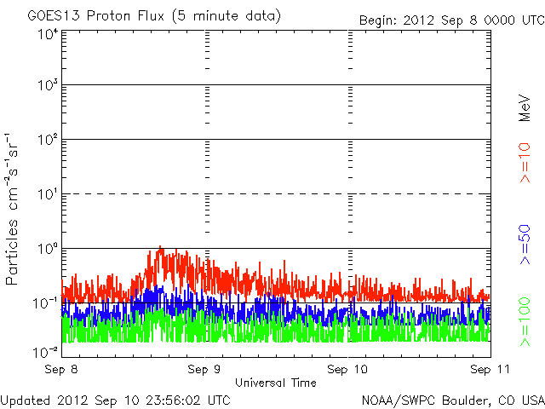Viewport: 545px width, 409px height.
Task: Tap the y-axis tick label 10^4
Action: click(48, 33)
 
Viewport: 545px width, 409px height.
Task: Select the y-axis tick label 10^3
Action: click(48, 87)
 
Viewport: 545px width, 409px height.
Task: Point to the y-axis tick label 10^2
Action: click(48, 141)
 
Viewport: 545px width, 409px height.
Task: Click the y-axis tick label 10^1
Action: click(48, 195)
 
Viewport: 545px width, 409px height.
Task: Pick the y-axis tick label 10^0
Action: click(48, 249)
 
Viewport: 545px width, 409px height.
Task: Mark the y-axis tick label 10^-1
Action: click(46, 303)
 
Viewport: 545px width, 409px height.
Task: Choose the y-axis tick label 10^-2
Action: click(46, 350)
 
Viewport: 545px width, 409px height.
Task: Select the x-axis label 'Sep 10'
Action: click(348, 371)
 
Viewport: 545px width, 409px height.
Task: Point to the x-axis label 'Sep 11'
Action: click(486, 371)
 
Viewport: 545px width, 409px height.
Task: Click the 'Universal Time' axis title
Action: click(275, 383)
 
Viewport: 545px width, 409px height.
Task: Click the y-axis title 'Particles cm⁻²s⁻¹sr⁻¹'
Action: click(14, 209)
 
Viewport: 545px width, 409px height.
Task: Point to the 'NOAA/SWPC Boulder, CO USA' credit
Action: click(452, 399)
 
